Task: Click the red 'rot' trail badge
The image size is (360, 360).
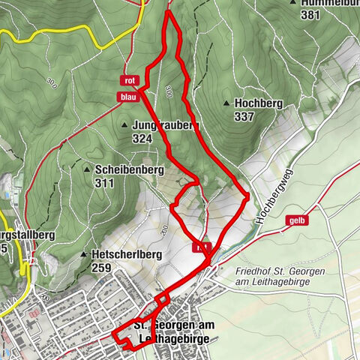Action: [x=130, y=80]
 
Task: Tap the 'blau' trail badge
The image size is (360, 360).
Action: [x=127, y=96]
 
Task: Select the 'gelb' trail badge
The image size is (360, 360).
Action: [x=297, y=220]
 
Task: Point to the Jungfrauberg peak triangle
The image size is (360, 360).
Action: [x=124, y=125]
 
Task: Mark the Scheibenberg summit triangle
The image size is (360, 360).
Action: [x=88, y=168]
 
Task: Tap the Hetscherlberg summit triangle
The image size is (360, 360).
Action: [x=83, y=254]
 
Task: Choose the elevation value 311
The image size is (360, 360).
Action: [x=104, y=182]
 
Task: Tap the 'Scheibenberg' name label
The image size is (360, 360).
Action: [x=129, y=169]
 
